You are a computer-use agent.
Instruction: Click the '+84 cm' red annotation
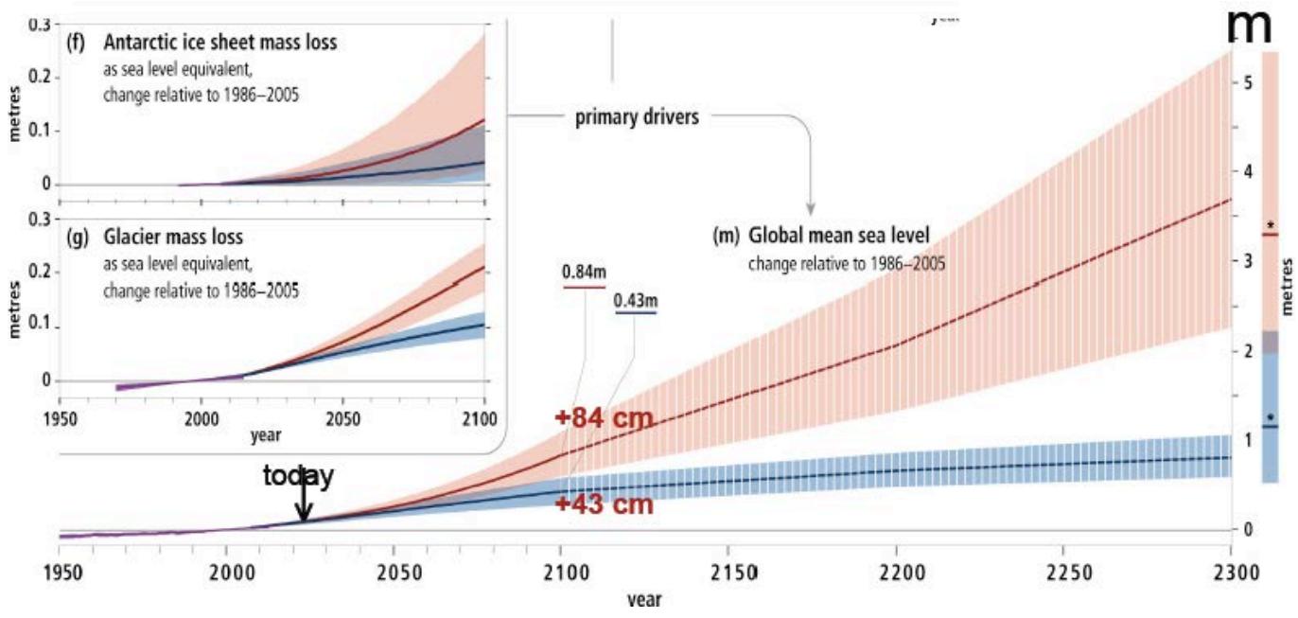pyautogui.click(x=604, y=417)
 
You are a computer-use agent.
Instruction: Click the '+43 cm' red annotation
pyautogui.click(x=604, y=504)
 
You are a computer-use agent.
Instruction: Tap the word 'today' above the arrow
pyautogui.click(x=298, y=477)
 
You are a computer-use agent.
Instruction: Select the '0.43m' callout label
pyautogui.click(x=635, y=301)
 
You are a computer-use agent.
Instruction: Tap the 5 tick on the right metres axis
pyautogui.click(x=1249, y=82)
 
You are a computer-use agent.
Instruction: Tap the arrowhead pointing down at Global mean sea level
pyautogui.click(x=811, y=208)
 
